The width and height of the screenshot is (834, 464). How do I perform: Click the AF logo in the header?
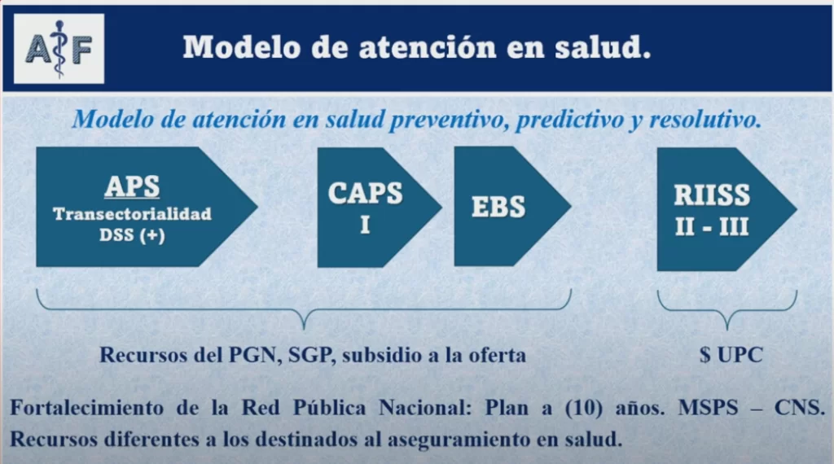pyautogui.click(x=59, y=48)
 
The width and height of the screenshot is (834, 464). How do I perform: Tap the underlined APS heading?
pyautogui.click(x=132, y=186)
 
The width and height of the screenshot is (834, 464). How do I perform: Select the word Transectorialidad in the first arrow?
pyautogui.click(x=132, y=214)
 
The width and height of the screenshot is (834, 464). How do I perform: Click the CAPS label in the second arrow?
pyautogui.click(x=365, y=193)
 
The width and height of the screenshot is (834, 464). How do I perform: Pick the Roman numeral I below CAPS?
pyautogui.click(x=365, y=225)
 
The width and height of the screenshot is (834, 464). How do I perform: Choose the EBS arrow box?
pyautogui.click(x=499, y=207)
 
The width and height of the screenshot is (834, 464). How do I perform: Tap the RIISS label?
pyautogui.click(x=712, y=195)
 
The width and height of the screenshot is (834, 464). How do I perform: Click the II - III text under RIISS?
pyautogui.click(x=712, y=226)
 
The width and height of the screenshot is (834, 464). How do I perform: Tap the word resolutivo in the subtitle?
pyautogui.click(x=706, y=120)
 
